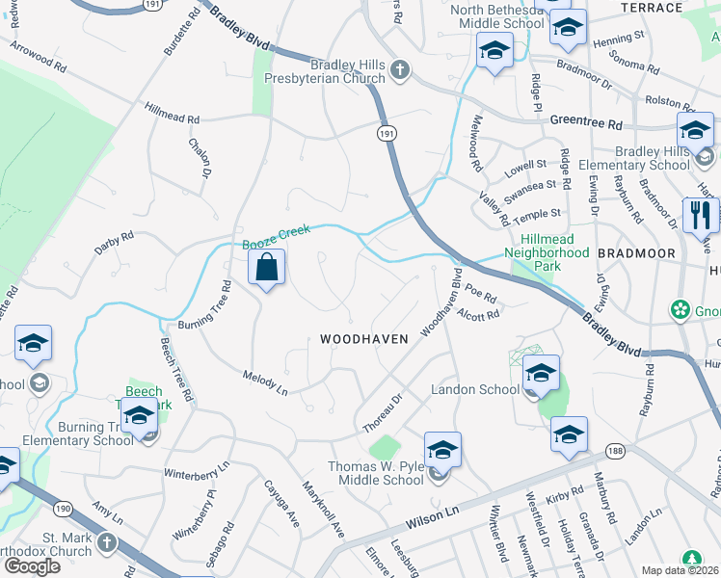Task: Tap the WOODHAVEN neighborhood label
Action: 364,339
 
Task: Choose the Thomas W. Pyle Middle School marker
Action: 442,450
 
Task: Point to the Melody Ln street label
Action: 266,382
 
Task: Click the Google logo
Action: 32,566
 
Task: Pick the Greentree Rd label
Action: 588,121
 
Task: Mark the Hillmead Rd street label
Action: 173,114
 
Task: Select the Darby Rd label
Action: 114,240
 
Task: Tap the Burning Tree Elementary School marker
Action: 140,417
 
